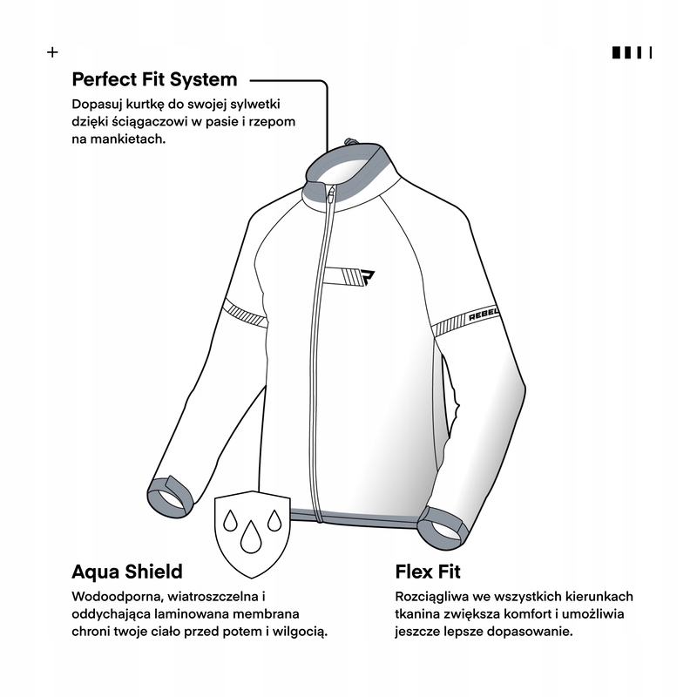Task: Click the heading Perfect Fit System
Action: [x=155, y=80]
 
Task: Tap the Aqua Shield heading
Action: [x=127, y=572]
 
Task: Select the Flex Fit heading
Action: [x=428, y=572]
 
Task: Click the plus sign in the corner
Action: [x=52, y=52]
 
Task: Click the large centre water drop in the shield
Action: [x=250, y=537]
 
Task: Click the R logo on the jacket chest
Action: [x=366, y=278]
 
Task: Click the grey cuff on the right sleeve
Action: [x=443, y=528]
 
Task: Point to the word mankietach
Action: [x=127, y=139]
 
